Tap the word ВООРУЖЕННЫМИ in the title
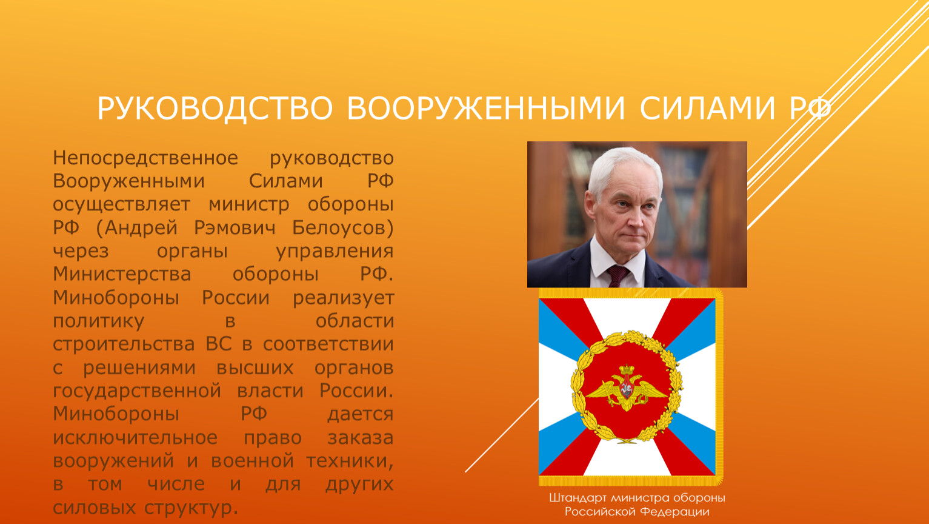tap(486, 109)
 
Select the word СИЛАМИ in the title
tap(707, 109)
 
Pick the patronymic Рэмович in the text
tap(235, 228)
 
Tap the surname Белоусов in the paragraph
tap(339, 228)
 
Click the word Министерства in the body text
tap(122, 275)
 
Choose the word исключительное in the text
tap(135, 438)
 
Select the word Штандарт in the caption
tap(579, 498)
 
